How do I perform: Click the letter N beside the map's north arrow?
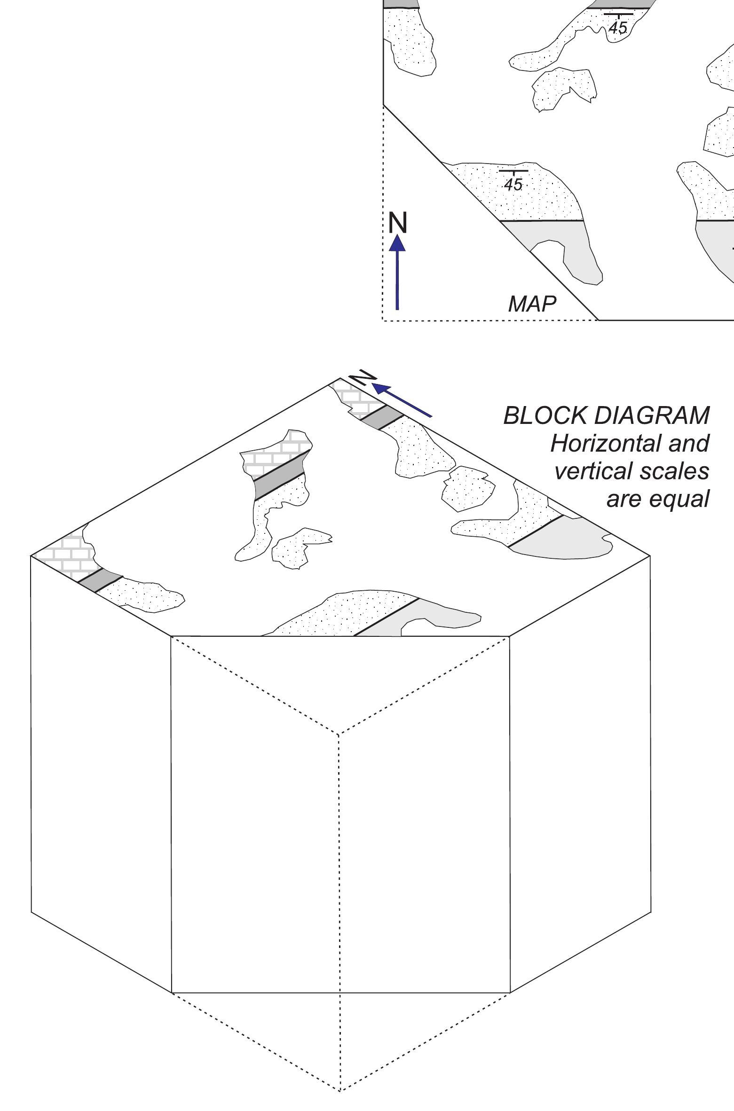(x=398, y=223)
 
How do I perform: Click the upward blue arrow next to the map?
(x=398, y=273)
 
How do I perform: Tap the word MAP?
(x=532, y=304)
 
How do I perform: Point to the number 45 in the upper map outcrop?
(x=617, y=28)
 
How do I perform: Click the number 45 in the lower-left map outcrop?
(x=513, y=184)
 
